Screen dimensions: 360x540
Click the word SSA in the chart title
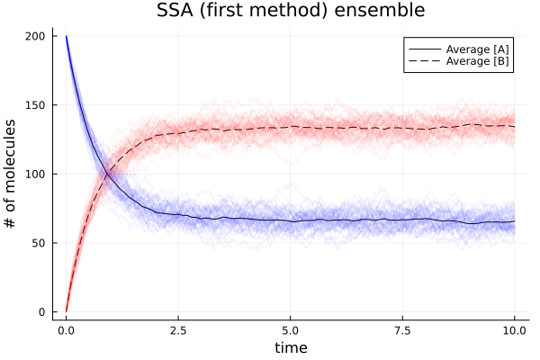pos(180,12)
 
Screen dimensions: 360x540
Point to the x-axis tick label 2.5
pos(178,330)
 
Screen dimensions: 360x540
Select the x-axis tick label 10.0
pos(514,330)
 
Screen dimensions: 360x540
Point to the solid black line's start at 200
pos(67,37)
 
